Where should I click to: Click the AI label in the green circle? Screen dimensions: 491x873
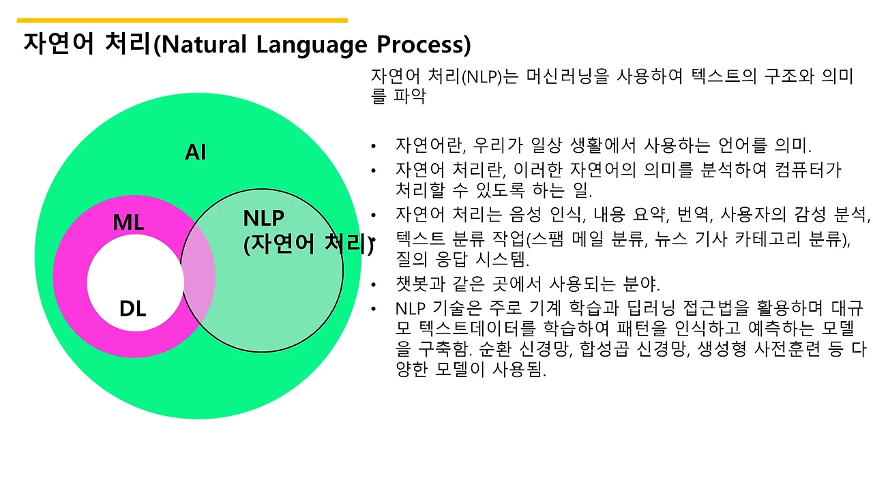pos(196,152)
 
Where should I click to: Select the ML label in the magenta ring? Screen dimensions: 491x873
pos(128,222)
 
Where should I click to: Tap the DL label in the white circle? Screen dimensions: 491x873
pos(132,309)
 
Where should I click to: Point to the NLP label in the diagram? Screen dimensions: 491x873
pos(263,218)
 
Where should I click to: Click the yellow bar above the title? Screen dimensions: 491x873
pos(182,20)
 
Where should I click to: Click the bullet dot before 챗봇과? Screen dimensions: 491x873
pos(373,285)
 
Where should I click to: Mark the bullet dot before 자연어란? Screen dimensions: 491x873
pos(373,146)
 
